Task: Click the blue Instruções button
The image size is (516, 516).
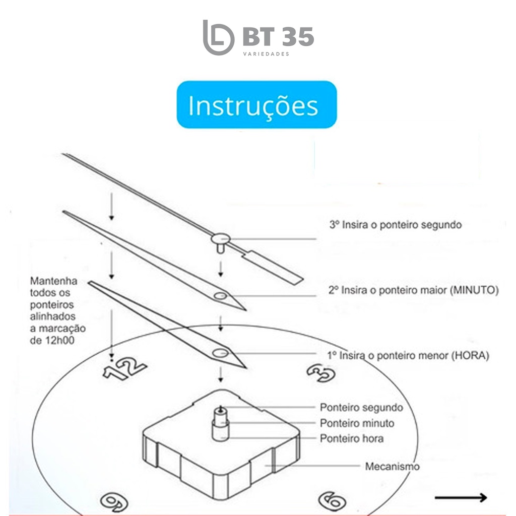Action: click(256, 105)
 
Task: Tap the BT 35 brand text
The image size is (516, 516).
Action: click(278, 37)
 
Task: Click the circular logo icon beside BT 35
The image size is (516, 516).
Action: click(218, 37)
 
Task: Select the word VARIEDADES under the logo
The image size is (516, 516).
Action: click(266, 54)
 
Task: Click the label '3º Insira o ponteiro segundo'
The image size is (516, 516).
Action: click(395, 225)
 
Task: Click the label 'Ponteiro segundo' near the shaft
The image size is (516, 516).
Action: click(361, 408)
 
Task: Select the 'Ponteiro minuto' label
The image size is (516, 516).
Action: click(357, 423)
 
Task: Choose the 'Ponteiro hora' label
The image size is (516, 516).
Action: click(351, 438)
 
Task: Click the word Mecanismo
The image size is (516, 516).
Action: click(392, 466)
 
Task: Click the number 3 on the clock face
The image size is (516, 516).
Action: click(321, 373)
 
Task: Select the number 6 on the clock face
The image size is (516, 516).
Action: click(333, 500)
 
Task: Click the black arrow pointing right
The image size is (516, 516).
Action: click(461, 498)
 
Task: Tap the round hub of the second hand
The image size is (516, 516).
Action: click(220, 238)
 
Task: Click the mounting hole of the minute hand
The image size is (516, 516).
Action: click(220, 296)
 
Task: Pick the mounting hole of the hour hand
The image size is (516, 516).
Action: click(220, 353)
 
